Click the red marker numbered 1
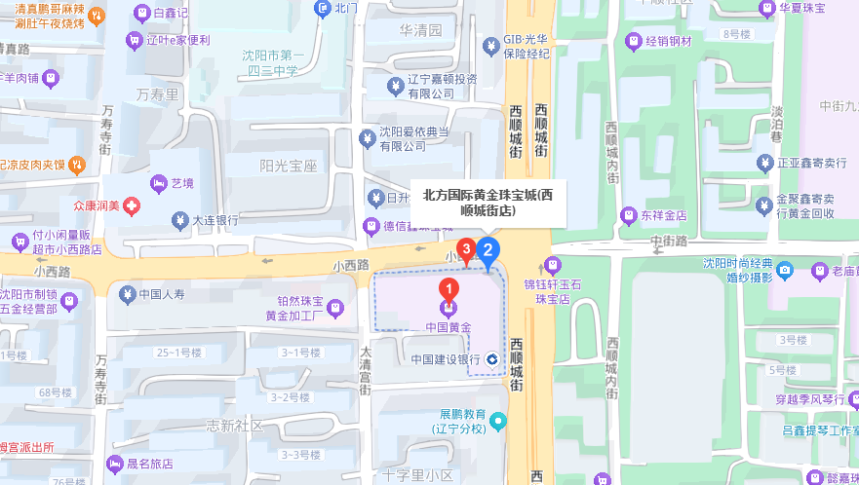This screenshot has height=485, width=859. pyautogui.click(x=448, y=289)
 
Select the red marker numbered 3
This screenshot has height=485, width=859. pyautogui.click(x=467, y=250)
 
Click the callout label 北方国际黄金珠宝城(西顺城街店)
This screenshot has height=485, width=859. pyautogui.click(x=488, y=202)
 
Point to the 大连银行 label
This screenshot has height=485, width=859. pyautogui.click(x=215, y=220)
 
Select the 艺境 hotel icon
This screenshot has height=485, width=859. pyautogui.click(x=157, y=183)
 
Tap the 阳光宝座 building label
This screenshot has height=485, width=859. pyautogui.click(x=290, y=167)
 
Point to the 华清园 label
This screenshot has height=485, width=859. pyautogui.click(x=420, y=31)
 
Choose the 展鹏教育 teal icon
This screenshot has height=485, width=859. pyautogui.click(x=498, y=422)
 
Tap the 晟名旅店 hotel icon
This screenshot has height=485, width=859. pyautogui.click(x=110, y=464)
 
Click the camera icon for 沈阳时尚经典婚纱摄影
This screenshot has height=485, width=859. pyautogui.click(x=786, y=270)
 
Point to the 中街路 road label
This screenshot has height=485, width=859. pyautogui.click(x=669, y=241)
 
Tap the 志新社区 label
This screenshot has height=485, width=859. pyautogui.click(x=235, y=427)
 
